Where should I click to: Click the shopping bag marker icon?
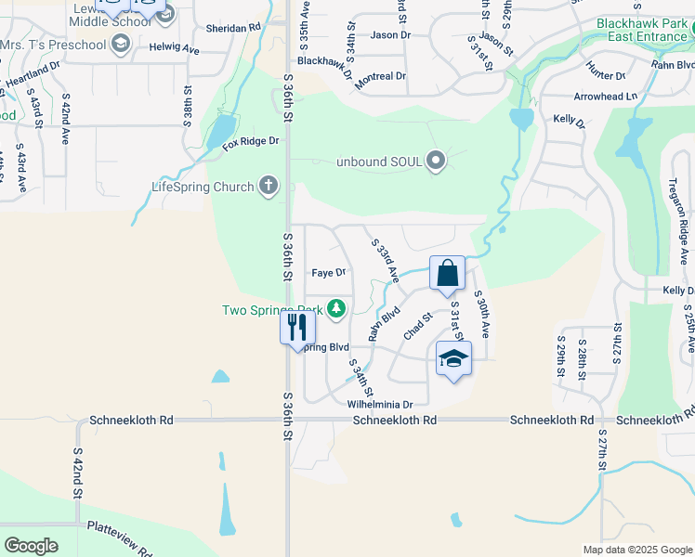pyautogui.click(x=447, y=274)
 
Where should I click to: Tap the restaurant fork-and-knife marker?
pyautogui.click(x=297, y=327)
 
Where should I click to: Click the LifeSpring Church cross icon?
pyautogui.click(x=269, y=187)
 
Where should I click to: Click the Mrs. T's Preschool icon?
pyautogui.click(x=120, y=44)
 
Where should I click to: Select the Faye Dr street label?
pyautogui.click(x=328, y=273)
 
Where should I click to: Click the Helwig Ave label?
pyautogui.click(x=178, y=48)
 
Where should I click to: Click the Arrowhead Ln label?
pyautogui.click(x=606, y=96)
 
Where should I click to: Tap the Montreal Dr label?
pyautogui.click(x=381, y=76)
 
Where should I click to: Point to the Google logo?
pyautogui.click(x=32, y=546)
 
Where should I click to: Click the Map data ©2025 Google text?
pyautogui.click(x=636, y=550)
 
